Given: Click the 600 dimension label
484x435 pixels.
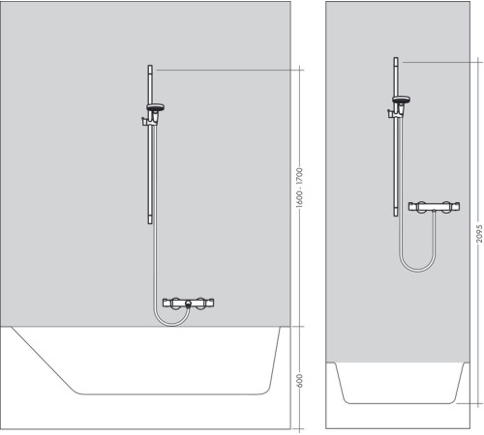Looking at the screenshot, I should (301, 381).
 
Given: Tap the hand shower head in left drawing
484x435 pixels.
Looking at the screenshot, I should (155, 107).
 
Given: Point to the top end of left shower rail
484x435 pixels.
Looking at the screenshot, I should (149, 68).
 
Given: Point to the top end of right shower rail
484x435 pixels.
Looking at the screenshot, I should (396, 61).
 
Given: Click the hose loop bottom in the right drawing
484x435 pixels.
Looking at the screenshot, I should (415, 267).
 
